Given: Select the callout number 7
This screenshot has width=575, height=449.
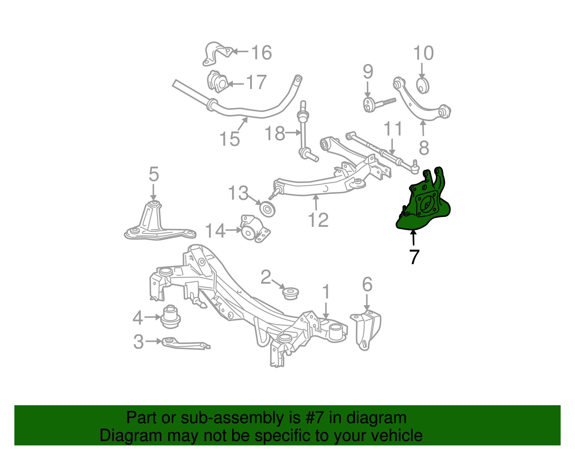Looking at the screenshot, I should [414, 257].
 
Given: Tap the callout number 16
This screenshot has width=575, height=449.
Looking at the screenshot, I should [261, 53].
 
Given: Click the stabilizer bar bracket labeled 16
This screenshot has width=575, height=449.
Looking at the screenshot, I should [216, 54].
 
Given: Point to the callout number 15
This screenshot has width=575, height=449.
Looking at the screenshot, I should [229, 139].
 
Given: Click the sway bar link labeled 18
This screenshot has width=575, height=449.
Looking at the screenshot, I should [304, 133].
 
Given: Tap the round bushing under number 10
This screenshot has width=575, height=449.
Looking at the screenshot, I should [423, 86].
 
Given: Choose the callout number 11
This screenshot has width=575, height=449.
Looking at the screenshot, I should [393, 129].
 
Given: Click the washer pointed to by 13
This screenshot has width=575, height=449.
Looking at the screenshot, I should [267, 209].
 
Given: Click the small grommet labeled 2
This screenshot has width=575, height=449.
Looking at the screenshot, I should [290, 293].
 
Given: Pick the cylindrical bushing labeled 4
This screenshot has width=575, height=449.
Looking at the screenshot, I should [170, 316].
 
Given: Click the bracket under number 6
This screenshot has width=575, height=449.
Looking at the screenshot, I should [366, 329].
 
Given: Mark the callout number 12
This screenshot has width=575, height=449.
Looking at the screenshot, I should [318, 220].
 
